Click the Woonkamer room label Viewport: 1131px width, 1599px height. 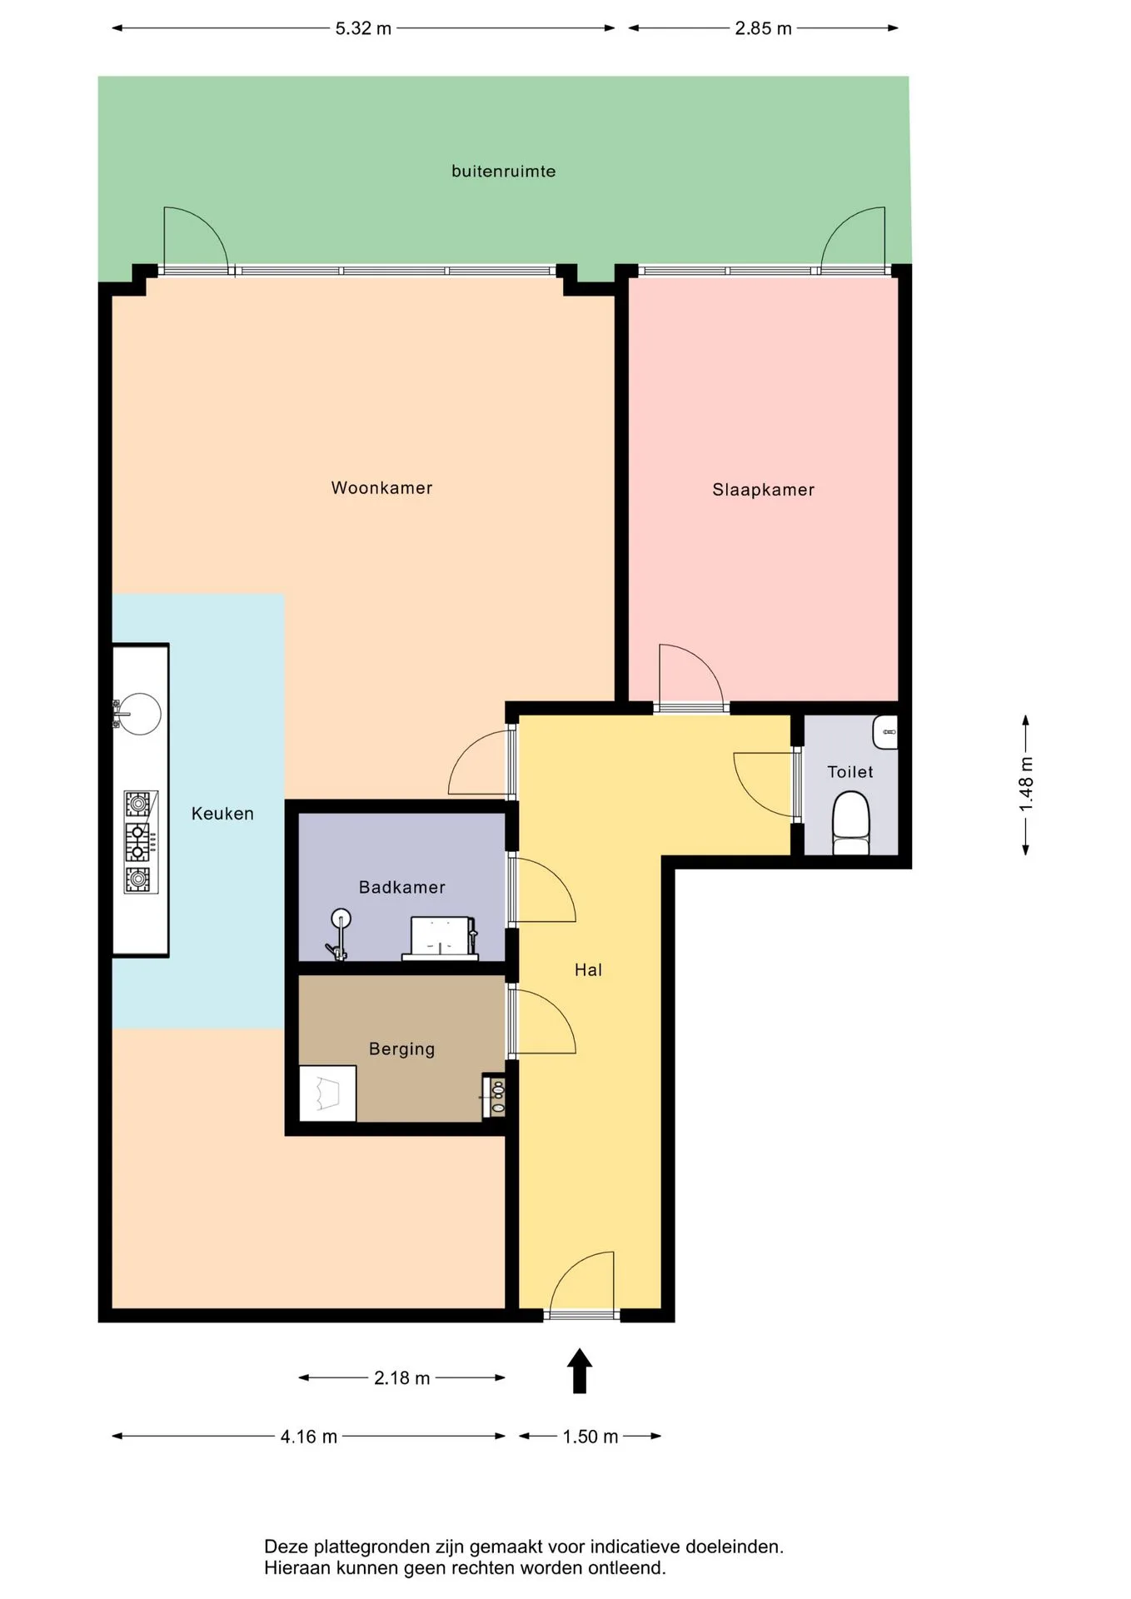coord(381,488)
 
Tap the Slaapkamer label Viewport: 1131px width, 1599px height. coord(763,490)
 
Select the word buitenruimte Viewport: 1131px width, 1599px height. coord(503,171)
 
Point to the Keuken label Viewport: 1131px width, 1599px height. coord(222,814)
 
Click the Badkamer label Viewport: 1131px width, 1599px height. coord(401,887)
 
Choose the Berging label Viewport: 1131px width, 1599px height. coord(401,1049)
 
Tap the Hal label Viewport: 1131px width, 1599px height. coord(588,969)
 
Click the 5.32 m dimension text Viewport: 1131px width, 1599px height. coord(363,28)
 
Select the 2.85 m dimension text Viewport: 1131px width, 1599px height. coord(763,28)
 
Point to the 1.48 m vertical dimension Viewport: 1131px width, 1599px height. coord(1026,784)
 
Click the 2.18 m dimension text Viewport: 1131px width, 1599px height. coord(401,1378)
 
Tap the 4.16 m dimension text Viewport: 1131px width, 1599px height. coord(308,1437)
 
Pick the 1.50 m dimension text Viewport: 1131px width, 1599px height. coord(590,1437)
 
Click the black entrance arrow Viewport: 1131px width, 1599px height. coord(580,1371)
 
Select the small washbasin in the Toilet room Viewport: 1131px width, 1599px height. coord(885,732)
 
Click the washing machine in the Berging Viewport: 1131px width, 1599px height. coord(328,1093)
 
